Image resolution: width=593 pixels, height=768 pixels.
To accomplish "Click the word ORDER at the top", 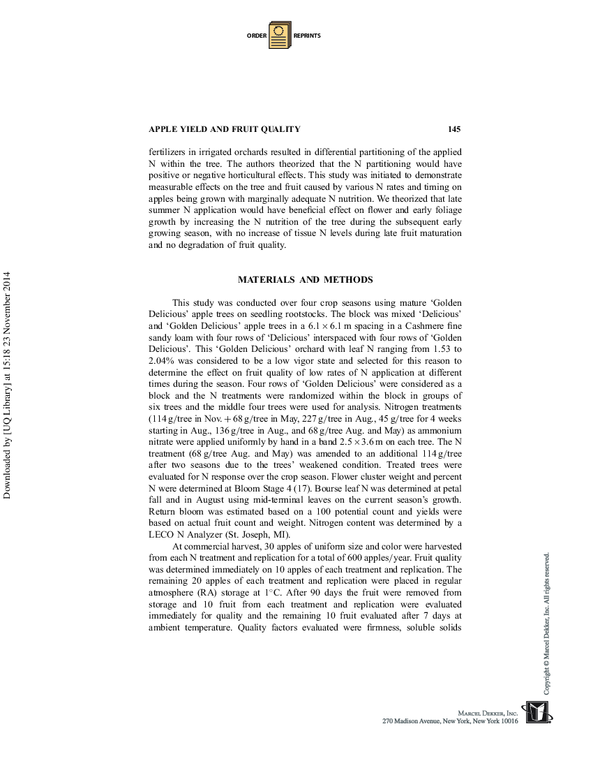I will tap(256, 36).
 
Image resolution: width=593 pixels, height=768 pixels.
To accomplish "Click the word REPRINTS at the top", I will tap(307, 36).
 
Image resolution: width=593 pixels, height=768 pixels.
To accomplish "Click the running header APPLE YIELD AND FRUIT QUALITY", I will tap(225, 129).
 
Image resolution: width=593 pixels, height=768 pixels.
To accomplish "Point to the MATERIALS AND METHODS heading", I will tap(305, 280).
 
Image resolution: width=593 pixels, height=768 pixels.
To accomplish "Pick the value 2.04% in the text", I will tap(164, 360).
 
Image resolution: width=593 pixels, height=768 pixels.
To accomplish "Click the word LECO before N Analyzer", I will tap(162, 535).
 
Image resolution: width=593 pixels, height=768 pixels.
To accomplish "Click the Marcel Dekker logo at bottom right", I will tap(537, 714).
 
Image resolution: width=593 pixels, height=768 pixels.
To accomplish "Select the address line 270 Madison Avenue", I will tap(450, 721).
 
